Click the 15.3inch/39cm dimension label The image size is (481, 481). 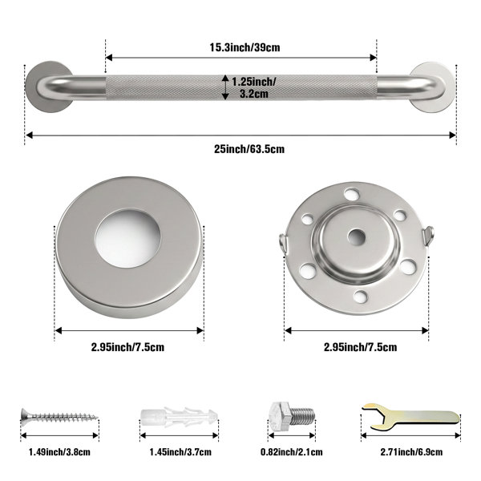click(x=245, y=47)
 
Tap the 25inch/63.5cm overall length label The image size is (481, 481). click(x=249, y=149)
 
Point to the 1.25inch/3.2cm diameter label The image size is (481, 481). click(x=253, y=87)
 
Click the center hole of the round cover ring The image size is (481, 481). click(x=128, y=238)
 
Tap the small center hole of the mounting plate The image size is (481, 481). click(x=357, y=236)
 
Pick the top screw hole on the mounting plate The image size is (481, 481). click(x=352, y=195)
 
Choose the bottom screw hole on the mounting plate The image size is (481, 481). click(x=361, y=296)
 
